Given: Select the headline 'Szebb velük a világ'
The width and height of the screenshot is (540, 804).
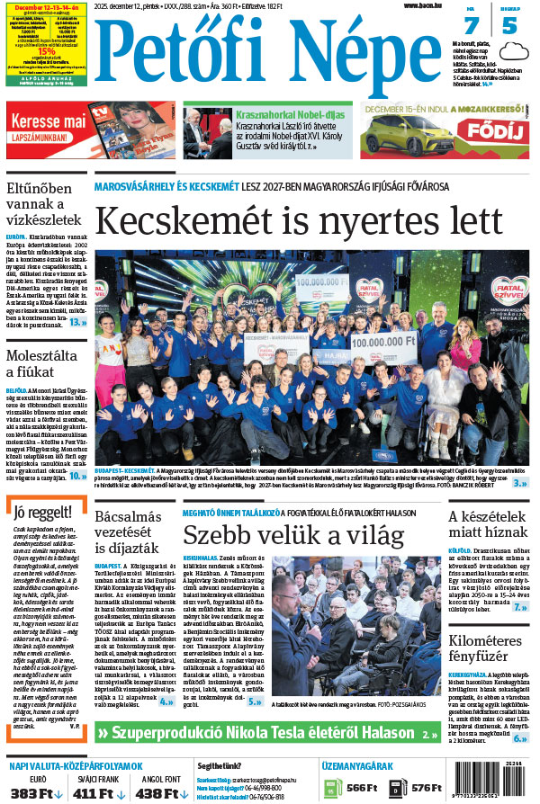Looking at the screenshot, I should click(x=293, y=535).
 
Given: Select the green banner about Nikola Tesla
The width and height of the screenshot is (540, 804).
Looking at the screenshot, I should click(x=267, y=732).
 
